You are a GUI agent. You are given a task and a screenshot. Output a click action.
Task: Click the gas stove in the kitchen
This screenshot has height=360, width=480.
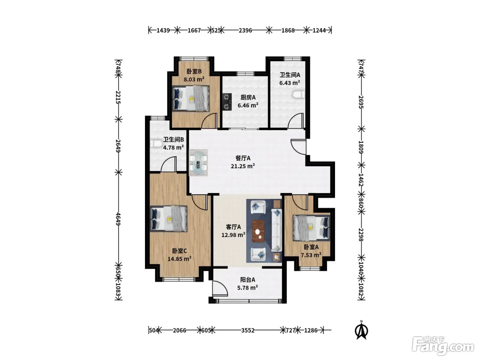pyautogui.click(x=227, y=101)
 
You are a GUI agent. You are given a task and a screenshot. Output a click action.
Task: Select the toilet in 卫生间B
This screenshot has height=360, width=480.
pyautogui.click(x=156, y=144)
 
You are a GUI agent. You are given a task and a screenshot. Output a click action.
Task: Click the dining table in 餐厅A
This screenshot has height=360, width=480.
pyautogui.click(x=198, y=163)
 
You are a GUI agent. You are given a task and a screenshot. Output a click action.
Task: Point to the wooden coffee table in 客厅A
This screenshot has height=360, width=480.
pyautogui.click(x=259, y=231)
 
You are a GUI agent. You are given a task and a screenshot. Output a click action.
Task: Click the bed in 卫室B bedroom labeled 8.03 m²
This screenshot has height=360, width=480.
pyautogui.click(x=191, y=98)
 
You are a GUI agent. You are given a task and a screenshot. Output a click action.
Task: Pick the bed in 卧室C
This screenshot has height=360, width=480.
pyautogui.click(x=169, y=219)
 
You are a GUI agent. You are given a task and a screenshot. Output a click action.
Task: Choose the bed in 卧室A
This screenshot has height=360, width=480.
pyautogui.click(x=311, y=228)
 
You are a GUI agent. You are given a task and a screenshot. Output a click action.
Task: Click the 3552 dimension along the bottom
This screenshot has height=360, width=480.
pyautogui.click(x=248, y=330)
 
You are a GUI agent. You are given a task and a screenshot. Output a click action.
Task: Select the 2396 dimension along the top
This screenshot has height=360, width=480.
pyautogui.click(x=245, y=31)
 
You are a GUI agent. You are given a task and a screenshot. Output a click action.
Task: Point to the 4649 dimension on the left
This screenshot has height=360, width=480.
pyautogui.click(x=118, y=219)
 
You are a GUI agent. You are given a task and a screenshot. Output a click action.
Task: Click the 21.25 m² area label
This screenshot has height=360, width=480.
pyautogui.click(x=243, y=166)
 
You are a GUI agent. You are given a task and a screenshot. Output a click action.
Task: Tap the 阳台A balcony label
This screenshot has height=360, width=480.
pyautogui.click(x=248, y=280)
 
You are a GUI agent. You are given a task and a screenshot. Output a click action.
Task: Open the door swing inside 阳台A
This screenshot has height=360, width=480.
pyautogui.click(x=220, y=289)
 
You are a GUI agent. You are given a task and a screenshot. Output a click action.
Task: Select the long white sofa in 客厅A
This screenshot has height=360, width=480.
pyautogui.click(x=277, y=230)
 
